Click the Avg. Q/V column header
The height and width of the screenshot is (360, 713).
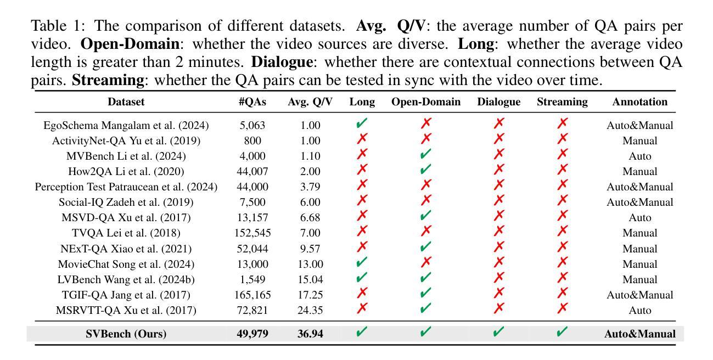click(310, 102)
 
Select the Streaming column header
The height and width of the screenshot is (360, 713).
click(562, 102)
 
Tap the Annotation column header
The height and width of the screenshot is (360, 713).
click(639, 102)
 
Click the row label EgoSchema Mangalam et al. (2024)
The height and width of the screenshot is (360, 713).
click(126, 125)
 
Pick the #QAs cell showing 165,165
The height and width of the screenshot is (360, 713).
click(252, 295)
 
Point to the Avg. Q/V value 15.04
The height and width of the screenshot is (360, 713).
click(310, 279)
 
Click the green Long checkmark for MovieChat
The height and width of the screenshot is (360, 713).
click(362, 263)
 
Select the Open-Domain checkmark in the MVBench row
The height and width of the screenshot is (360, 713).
click(425, 155)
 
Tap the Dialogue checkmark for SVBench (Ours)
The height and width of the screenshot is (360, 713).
click(498, 333)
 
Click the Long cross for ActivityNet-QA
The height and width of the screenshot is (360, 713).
click(362, 140)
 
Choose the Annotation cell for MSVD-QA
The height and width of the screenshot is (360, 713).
click(639, 217)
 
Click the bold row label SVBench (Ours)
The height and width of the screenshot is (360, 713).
click(126, 334)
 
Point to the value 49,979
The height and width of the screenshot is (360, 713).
click(252, 334)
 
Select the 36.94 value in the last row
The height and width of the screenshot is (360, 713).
click(310, 334)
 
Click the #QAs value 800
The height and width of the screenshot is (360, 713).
click(252, 140)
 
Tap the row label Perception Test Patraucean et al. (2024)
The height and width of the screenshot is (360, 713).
click(126, 187)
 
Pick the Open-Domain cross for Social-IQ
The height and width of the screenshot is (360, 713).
click(425, 201)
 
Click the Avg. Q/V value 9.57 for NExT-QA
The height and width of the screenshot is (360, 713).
click(310, 249)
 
